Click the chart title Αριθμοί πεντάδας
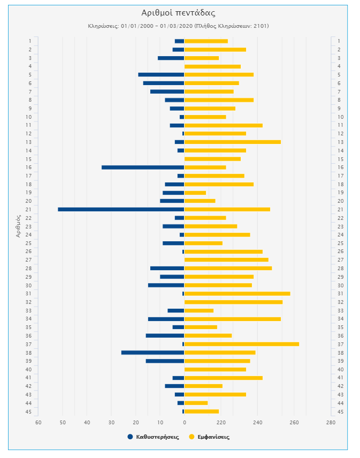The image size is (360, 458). pos(178,13)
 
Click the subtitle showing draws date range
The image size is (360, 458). pos(178,26)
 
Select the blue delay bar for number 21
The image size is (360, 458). pos(121,209)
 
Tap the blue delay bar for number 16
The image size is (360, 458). pos(143,167)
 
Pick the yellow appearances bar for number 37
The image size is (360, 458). pos(242,344)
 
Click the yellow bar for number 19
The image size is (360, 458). pos(195,193)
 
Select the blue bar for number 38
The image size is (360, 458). pos(152,353)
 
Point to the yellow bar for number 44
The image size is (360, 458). pos(196,403)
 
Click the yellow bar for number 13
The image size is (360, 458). pos(233,142)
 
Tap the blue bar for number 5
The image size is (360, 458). pos(161,74)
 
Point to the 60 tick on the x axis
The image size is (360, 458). pos(39,423)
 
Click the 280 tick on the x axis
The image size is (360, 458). pos(331,423)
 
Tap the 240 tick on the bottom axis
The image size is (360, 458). pos(257,423)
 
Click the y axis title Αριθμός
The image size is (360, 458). pos(19,226)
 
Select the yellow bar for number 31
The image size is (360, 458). pos(238,294)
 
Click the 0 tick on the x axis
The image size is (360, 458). pos(185,423)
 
